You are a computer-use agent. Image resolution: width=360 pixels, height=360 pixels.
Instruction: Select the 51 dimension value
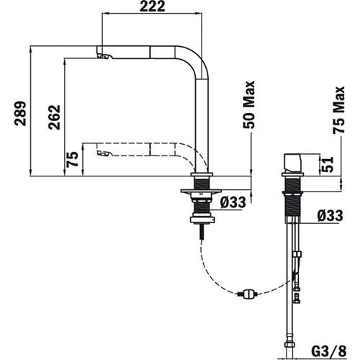[325, 165]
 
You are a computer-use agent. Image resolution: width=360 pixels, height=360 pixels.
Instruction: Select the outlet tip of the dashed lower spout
[102, 153]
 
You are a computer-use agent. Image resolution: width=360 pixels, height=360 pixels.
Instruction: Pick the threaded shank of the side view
[294, 198]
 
